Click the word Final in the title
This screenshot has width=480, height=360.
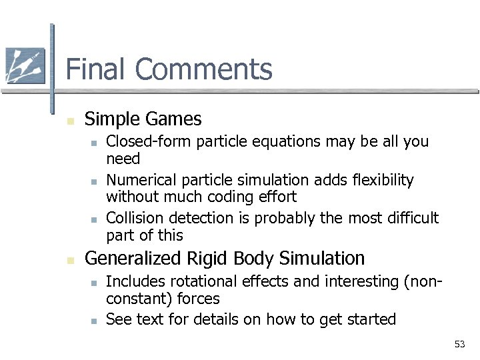(x=95, y=69)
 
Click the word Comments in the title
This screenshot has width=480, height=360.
(x=203, y=69)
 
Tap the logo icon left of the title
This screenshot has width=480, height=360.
(x=25, y=66)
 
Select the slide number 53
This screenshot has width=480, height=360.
(x=459, y=344)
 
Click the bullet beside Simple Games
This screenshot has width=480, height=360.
(x=69, y=121)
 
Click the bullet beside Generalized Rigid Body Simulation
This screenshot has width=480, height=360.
(x=69, y=259)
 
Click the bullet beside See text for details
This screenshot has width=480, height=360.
(x=95, y=321)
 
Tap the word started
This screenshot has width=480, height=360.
(x=371, y=320)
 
